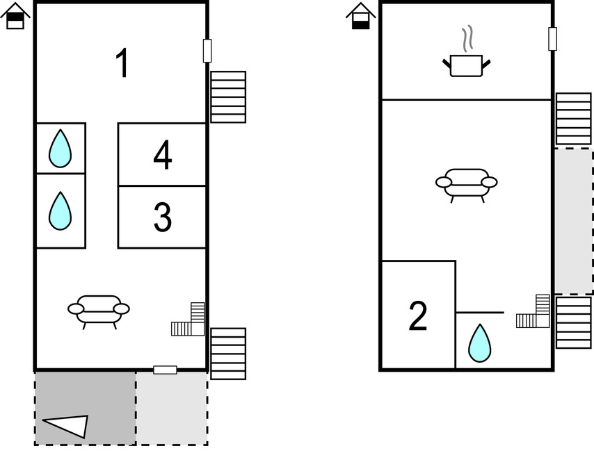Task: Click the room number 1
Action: (x=122, y=64)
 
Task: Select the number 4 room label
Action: (x=163, y=155)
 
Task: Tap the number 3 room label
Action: (x=162, y=217)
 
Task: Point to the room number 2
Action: (x=418, y=316)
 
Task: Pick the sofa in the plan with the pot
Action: (x=466, y=183)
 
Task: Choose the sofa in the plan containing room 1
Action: (x=99, y=309)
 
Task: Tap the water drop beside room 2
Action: (x=479, y=343)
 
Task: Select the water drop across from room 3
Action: (x=61, y=211)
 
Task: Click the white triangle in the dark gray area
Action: (x=68, y=425)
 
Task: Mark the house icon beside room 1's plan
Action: (x=15, y=16)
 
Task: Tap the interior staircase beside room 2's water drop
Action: (x=535, y=313)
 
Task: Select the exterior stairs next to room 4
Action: (x=228, y=97)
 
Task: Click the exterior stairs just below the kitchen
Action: (x=574, y=119)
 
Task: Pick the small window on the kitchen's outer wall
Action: (x=552, y=38)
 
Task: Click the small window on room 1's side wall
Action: (x=207, y=51)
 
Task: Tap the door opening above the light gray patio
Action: (x=165, y=370)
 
